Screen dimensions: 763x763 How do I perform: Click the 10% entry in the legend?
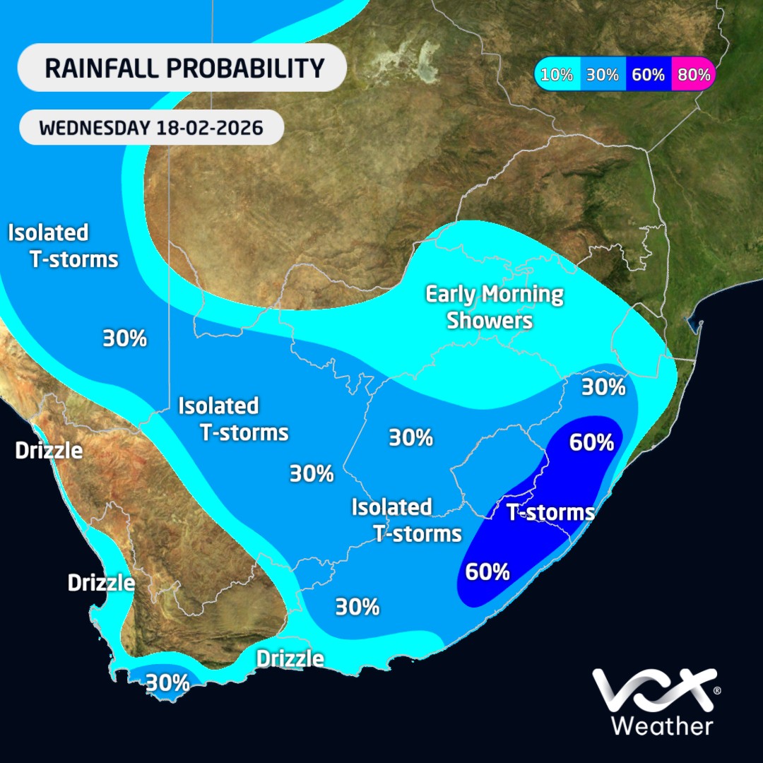click(x=557, y=74)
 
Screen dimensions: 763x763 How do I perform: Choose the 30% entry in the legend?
click(x=603, y=74)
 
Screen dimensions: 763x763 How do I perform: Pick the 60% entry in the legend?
click(x=648, y=74)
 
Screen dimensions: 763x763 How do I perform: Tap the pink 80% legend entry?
click(x=693, y=74)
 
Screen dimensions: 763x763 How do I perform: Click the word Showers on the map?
click(x=490, y=320)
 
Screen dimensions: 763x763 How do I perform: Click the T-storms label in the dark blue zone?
click(x=550, y=512)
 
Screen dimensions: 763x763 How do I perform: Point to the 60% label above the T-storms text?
click(x=591, y=443)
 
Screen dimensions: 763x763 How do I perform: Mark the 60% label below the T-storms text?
click(x=487, y=571)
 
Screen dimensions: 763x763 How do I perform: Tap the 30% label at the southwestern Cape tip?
click(x=167, y=682)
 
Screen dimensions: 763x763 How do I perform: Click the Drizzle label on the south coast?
click(x=290, y=658)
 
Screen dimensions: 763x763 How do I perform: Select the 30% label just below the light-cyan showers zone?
click(x=603, y=386)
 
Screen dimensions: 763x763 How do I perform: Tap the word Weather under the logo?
click(x=661, y=726)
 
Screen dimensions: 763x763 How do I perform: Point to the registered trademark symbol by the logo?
click(x=717, y=690)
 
